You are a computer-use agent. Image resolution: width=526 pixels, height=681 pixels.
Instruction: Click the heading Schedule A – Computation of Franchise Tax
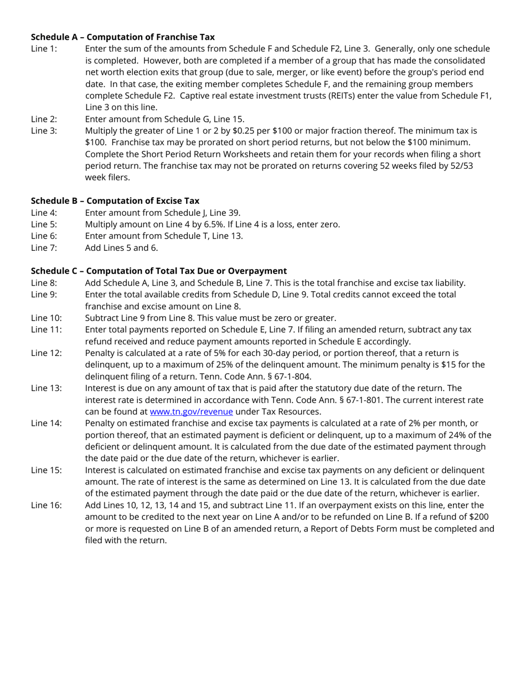pos(122,37)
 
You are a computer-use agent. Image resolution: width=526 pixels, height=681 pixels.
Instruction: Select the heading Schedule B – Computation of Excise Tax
pos(115,200)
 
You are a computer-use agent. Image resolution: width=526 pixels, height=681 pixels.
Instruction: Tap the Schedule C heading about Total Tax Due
pos(158,271)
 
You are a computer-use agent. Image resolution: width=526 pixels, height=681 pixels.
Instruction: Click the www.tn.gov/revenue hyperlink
pos(191,411)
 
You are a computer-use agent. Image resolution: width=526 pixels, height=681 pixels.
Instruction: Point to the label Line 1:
pos(44,49)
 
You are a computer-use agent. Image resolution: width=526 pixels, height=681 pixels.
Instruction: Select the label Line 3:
pos(44,131)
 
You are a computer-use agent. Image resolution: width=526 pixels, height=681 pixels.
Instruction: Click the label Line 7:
pos(44,247)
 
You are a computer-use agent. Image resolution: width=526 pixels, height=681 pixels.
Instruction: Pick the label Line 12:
pos(46,353)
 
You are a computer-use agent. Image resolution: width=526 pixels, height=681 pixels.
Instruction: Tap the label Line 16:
pos(46,505)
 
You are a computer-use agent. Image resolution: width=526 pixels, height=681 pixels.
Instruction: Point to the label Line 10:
pos(46,318)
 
